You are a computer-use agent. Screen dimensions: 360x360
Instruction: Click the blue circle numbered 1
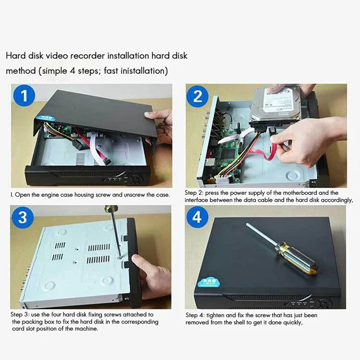click(24, 95)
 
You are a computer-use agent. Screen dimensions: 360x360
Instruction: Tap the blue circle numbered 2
click(198, 96)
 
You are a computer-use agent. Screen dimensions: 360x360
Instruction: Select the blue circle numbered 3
click(22, 217)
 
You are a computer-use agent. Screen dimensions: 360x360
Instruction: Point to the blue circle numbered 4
click(197, 217)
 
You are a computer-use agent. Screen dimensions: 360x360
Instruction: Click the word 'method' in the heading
click(21, 71)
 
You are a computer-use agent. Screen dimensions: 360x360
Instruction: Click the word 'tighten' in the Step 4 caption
click(215, 315)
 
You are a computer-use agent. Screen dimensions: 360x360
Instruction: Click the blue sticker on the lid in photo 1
click(48, 118)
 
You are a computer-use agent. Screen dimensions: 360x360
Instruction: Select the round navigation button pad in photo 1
click(137, 179)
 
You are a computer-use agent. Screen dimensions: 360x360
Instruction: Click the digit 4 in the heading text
click(72, 70)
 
